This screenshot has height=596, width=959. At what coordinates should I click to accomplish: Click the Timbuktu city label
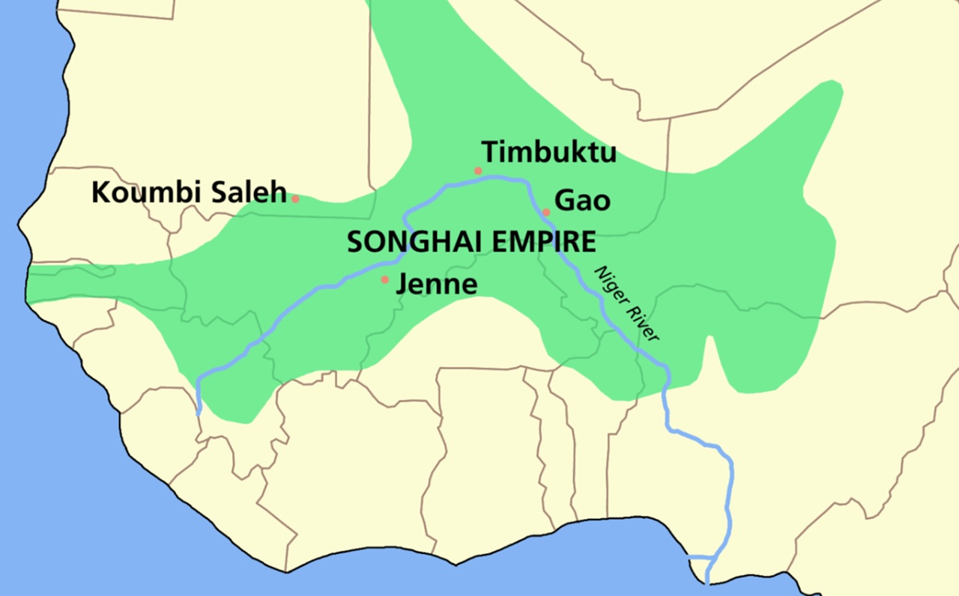point(549,152)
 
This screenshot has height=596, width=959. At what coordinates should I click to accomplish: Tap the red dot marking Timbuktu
point(478,171)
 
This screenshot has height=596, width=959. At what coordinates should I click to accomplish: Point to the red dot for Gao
point(546,212)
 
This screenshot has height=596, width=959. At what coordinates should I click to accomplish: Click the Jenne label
point(436,284)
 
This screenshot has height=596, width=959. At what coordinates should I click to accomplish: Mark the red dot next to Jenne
point(385,280)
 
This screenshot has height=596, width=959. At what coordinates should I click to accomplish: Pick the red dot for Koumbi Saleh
point(295,198)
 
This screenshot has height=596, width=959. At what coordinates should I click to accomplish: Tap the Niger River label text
point(626,304)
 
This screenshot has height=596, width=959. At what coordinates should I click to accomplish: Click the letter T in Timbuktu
point(490,152)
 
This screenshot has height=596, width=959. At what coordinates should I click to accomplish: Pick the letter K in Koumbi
point(100,192)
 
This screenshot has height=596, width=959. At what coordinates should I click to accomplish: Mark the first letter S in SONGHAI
point(354,242)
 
